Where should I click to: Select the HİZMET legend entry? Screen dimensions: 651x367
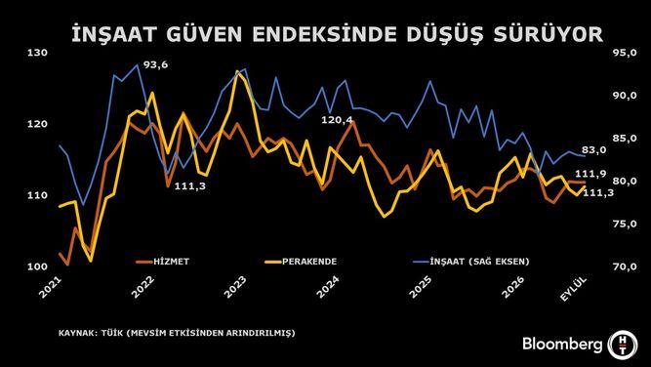[163, 262]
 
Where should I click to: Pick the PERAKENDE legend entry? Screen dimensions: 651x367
[301, 262]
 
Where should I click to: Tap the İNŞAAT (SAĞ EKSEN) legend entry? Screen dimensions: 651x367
[471, 262]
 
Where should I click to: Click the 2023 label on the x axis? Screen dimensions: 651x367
[236, 286]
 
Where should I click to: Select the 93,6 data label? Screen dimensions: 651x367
[155, 65]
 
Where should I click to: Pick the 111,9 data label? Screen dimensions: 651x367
[598, 174]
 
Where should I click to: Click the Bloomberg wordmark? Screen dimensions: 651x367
[562, 345]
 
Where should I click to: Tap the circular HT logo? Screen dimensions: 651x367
[622, 345]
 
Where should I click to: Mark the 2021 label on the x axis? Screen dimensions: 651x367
[51, 286]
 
